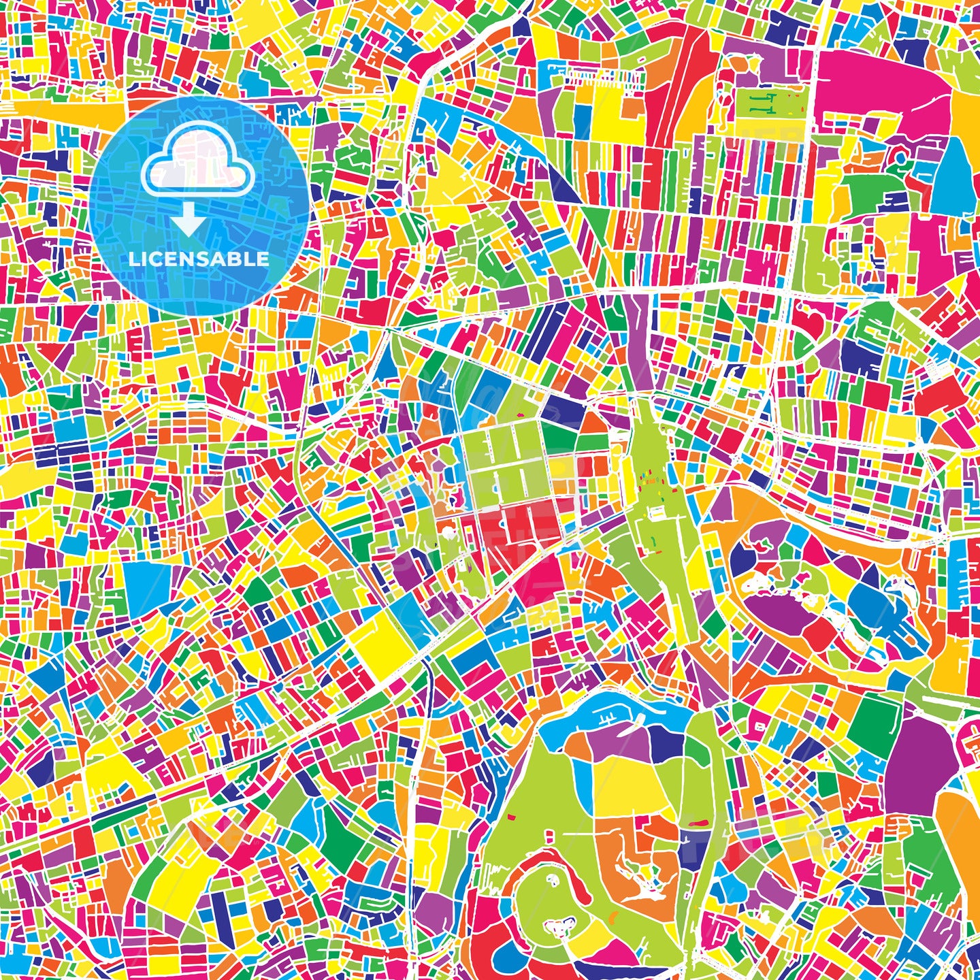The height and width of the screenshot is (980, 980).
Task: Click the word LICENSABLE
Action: [199, 259]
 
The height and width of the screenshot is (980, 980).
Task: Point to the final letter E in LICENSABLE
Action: [263, 259]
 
